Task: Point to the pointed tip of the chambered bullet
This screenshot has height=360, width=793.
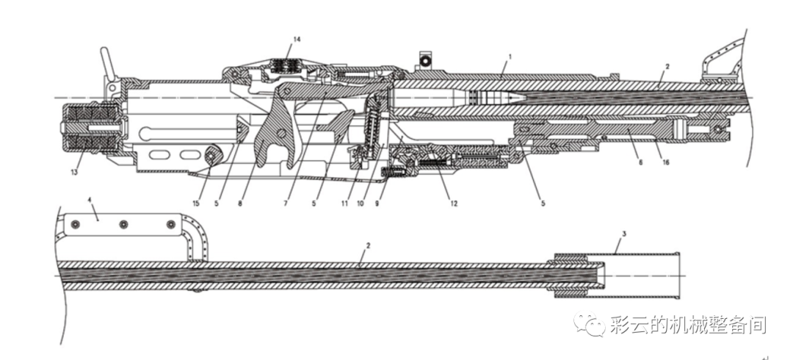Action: click(x=524, y=96)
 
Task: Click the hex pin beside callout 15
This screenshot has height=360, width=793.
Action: click(x=212, y=155)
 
